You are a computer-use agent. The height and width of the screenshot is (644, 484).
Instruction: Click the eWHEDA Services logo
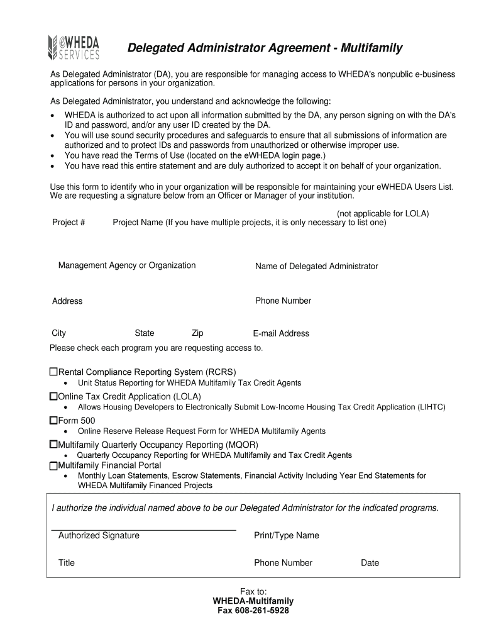point(74,48)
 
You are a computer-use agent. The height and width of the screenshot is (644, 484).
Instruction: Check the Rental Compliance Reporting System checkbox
point(53,372)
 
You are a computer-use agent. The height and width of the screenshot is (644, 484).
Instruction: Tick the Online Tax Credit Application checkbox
point(53,396)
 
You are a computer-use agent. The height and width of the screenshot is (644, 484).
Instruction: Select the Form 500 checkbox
point(53,419)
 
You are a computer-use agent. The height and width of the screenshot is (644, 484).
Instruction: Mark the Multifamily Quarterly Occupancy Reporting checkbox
point(53,444)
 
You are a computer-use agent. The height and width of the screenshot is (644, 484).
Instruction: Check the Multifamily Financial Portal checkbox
point(53,466)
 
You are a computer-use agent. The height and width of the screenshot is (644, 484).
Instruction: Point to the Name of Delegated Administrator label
point(316,266)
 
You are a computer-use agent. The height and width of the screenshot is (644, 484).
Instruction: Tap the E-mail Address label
point(281,333)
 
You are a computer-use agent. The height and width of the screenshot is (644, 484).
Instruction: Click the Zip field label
point(197,333)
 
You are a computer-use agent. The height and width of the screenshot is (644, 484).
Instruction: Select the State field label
point(144,333)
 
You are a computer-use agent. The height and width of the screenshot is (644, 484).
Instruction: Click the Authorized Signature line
point(143,530)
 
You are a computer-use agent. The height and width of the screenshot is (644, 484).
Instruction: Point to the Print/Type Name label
point(286,535)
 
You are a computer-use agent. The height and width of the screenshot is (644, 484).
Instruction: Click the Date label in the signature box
point(370,563)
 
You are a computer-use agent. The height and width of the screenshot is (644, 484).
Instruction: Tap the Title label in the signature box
point(66,563)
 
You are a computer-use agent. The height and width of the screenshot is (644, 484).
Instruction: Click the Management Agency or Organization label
point(127,265)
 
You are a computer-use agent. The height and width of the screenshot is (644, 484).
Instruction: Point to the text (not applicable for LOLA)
point(382,214)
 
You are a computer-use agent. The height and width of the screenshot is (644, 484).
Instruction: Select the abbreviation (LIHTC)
point(432,407)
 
